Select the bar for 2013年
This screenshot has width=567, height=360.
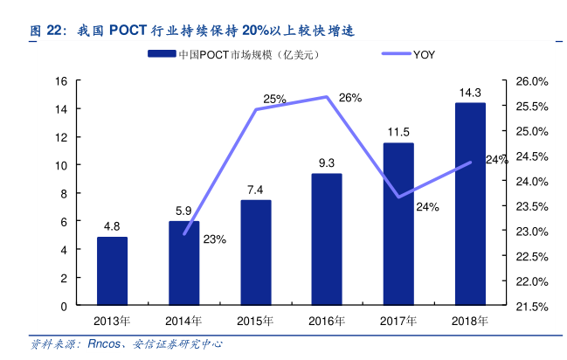pyautogui.click(x=112, y=271)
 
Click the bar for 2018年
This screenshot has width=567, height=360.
pyautogui.click(x=470, y=204)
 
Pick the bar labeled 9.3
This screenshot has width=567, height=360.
pyautogui.click(x=327, y=239)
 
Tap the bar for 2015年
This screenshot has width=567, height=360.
pyautogui.click(x=255, y=253)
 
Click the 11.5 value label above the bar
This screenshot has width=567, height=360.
pyautogui.click(x=398, y=132)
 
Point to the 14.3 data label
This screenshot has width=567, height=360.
pyautogui.click(x=470, y=92)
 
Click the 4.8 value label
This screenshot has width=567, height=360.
pyautogui.click(x=112, y=226)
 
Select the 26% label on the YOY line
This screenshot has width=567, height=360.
pyautogui.click(x=350, y=98)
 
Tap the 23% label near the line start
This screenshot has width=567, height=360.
pyautogui.click(x=214, y=239)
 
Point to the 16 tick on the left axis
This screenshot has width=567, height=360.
pyautogui.click(x=61, y=81)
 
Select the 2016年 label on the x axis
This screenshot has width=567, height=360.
pyautogui.click(x=327, y=321)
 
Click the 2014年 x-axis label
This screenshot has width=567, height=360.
pyautogui.click(x=183, y=321)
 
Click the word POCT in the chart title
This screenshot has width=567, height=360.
pyautogui.click(x=130, y=30)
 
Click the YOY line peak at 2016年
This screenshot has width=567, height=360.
pyautogui.click(x=327, y=97)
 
